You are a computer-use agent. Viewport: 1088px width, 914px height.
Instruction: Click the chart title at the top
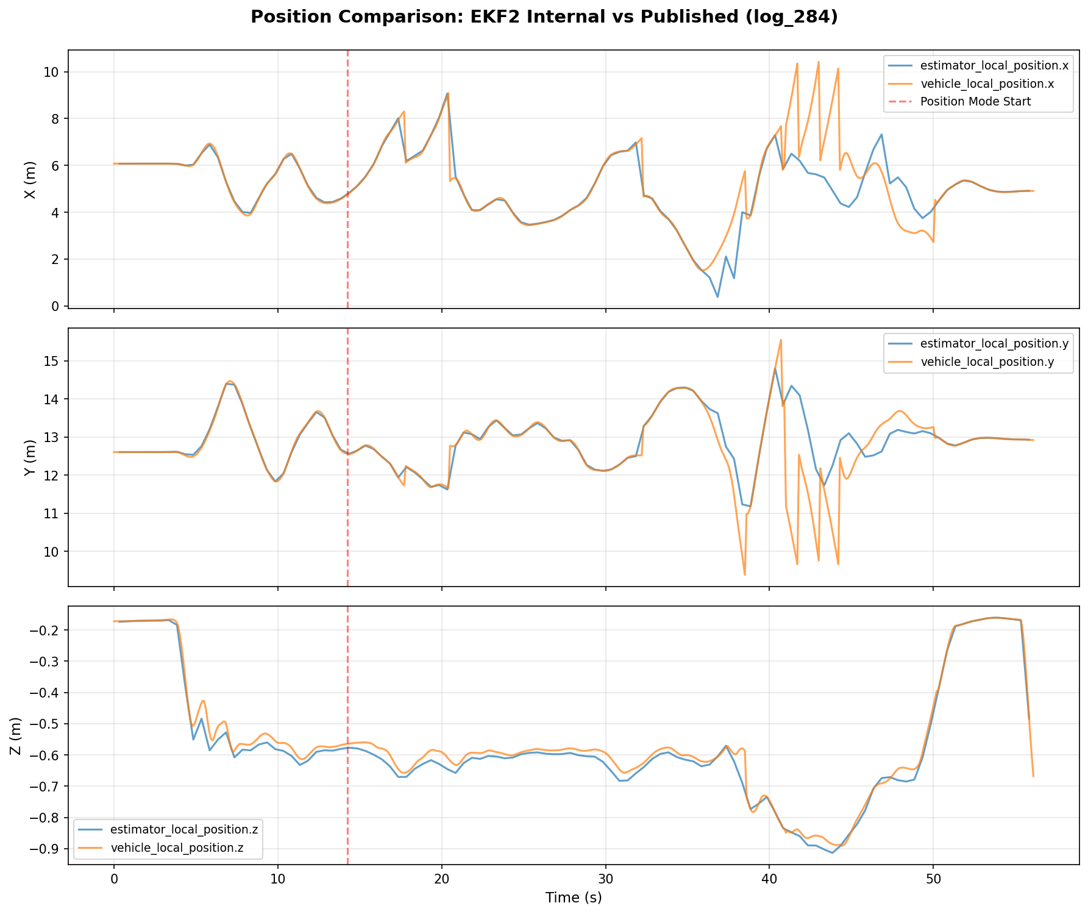[x=544, y=17]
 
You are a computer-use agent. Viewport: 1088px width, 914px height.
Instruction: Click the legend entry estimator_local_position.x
[x=994, y=65]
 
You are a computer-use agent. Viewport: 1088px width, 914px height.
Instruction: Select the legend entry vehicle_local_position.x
[x=991, y=84]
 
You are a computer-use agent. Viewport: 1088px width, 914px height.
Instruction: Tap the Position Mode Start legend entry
[x=975, y=102]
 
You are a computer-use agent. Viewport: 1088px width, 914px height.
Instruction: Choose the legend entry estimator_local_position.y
[x=994, y=344]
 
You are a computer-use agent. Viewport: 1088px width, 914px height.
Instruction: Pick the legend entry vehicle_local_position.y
[x=991, y=362]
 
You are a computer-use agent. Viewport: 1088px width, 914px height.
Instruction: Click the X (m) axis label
[x=29, y=180]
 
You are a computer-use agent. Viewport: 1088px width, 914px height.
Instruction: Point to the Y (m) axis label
[x=29, y=457]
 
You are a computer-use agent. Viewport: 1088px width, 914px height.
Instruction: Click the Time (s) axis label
[x=573, y=898]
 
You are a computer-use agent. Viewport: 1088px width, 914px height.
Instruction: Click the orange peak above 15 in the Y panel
[x=781, y=340]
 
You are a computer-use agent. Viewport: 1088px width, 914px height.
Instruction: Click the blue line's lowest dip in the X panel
[x=717, y=297]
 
